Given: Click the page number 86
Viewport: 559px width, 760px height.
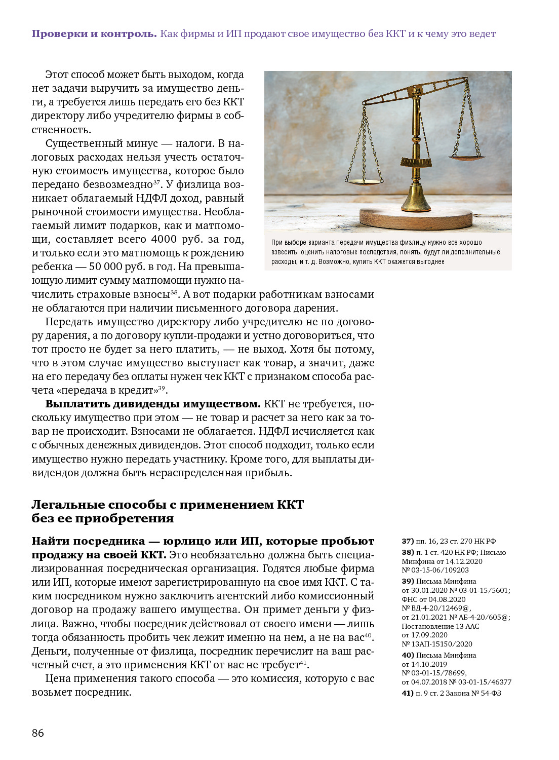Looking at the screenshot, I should coord(38,733).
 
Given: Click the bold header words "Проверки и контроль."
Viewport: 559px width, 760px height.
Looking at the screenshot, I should coord(94,34).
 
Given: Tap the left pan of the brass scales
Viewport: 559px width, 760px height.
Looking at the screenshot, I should coord(363,180).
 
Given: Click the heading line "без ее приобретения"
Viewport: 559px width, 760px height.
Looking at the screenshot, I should coord(103,518).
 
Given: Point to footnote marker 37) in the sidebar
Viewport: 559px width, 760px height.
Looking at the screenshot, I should coord(408,541).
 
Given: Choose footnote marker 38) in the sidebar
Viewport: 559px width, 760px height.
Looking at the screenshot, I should coord(408,552).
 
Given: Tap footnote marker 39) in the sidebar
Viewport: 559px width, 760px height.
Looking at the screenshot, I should coord(408,581).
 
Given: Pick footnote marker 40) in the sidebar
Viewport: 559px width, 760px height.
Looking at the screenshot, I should coord(408,655).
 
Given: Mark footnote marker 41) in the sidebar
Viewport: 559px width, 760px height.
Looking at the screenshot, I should coord(408,693).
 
